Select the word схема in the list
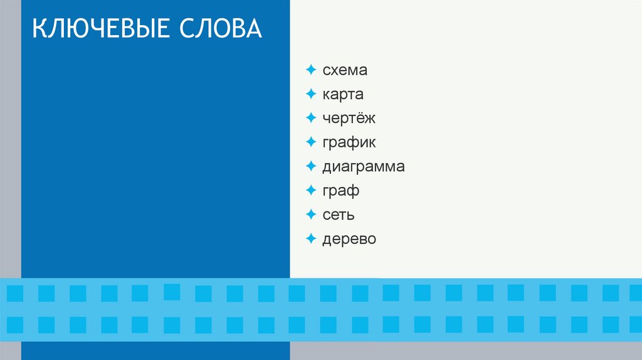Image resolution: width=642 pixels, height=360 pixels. tap(345, 70)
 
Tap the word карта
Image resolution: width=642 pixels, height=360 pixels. tap(343, 95)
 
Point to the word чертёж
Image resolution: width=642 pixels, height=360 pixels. tap(349, 119)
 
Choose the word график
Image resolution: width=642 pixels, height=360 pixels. tap(349, 143)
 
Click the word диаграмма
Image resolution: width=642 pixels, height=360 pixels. tap(364, 167)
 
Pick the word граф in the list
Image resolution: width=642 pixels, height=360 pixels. tap(340, 191)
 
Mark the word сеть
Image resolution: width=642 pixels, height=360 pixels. tap(339, 214)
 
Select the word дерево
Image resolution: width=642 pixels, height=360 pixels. tap(349, 239)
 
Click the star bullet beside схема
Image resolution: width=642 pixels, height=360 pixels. tap(311, 70)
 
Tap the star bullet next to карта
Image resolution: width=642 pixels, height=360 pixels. tap(311, 94)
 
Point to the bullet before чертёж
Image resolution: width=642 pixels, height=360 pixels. tap(311, 118)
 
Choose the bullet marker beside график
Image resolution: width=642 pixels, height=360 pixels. tap(311, 142)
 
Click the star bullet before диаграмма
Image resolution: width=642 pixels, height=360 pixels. tap(311, 166)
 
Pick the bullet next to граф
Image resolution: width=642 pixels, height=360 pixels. tap(311, 190)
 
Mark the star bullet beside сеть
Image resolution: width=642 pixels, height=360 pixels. tap(311, 214)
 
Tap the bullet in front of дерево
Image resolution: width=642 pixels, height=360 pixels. tap(311, 238)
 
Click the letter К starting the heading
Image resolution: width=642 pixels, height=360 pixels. tap(39, 29)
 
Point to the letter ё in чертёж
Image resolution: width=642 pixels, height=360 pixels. tap(362, 119)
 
